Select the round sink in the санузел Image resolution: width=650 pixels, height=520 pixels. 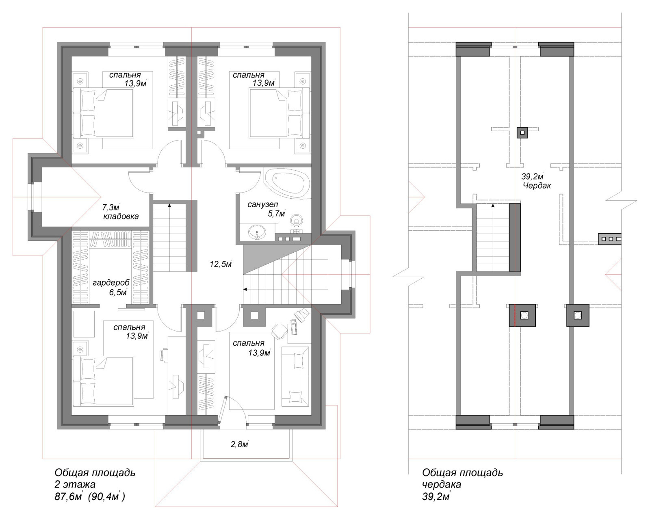pyautogui.click(x=257, y=232)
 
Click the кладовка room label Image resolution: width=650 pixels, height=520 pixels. pyautogui.click(x=121, y=217)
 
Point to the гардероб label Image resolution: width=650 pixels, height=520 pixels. pyautogui.click(x=111, y=283)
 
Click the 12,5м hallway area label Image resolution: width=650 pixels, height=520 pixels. pyautogui.click(x=221, y=264)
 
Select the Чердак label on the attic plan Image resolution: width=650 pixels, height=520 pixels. pyautogui.click(x=537, y=185)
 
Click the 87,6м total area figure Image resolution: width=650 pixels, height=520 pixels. pyautogui.click(x=68, y=497)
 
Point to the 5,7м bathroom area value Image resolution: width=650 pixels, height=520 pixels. pyautogui.click(x=276, y=214)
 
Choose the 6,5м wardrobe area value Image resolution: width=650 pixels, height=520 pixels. pyautogui.click(x=118, y=292)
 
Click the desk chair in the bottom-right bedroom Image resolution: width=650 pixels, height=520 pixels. pyautogui.click(x=279, y=331)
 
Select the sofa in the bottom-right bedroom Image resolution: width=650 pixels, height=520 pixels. pyautogui.click(x=295, y=377)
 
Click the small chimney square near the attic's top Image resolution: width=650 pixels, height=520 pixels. pyautogui.click(x=522, y=132)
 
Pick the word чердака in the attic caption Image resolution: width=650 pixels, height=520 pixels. pyautogui.click(x=441, y=485)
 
